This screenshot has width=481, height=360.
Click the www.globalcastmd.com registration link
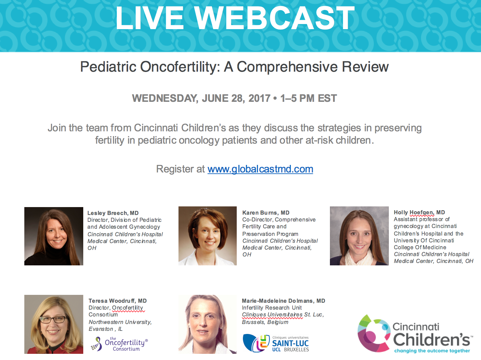260,169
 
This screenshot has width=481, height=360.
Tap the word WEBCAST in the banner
274,18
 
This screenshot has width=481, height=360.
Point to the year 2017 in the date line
259,98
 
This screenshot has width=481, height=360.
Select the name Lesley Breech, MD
113,213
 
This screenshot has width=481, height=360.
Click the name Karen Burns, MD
266,213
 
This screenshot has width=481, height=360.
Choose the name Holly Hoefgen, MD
419,212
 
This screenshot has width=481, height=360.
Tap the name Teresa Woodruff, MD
118,301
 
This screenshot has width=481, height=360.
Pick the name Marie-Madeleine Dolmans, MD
283,301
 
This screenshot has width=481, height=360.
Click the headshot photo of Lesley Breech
54,236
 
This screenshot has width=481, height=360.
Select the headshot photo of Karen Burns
208,236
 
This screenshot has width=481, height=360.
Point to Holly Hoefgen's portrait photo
359,236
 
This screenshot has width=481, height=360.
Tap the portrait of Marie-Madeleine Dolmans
208,324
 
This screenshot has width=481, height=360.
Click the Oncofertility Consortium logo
119,344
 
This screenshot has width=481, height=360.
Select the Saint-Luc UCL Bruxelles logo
276,343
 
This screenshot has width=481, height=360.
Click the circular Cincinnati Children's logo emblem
374,333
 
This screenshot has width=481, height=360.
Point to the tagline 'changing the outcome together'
432,351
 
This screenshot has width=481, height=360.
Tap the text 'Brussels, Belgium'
265,322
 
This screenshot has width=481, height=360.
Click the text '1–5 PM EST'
308,98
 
